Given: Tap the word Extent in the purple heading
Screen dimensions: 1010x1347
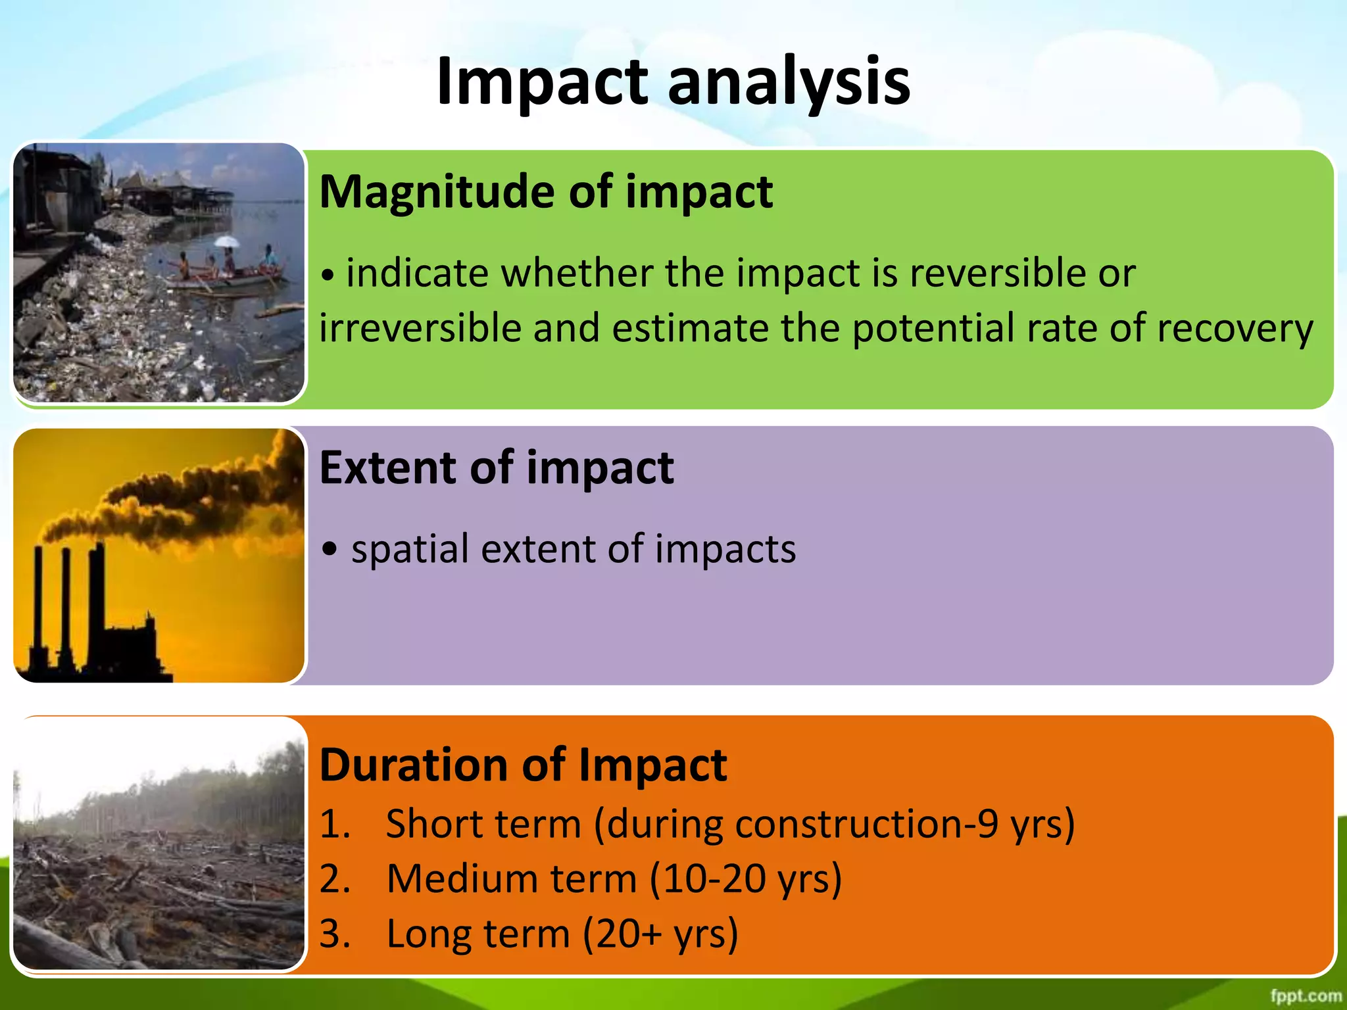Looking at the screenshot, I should pyautogui.click(x=387, y=468).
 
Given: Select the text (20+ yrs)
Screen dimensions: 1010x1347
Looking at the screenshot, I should pyautogui.click(x=661, y=934).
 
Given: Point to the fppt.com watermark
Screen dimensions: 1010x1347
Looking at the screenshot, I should pyautogui.click(x=1306, y=996).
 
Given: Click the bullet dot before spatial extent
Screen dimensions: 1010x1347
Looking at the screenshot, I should pyautogui.click(x=330, y=550).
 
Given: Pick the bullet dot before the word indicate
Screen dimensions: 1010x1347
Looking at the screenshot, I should pyautogui.click(x=327, y=276).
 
